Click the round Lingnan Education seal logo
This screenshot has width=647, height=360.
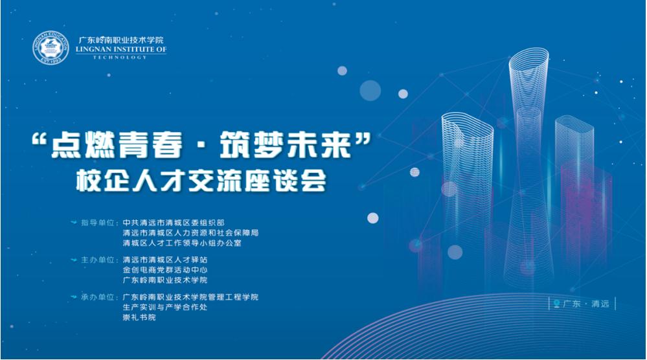click(x=51, y=48)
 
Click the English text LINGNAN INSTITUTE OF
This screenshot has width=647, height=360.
click(x=121, y=49)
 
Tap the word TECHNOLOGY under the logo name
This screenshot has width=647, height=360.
click(x=120, y=58)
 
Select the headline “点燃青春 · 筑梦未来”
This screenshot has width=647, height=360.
click(x=201, y=145)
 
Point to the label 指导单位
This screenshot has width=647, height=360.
click(x=97, y=223)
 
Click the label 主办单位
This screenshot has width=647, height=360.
click(x=97, y=260)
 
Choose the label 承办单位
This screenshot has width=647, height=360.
click(x=97, y=297)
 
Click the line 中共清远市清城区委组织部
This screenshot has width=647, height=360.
click(x=174, y=223)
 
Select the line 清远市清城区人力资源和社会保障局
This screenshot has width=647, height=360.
click(x=190, y=233)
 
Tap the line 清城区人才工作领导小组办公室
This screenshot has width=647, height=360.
click(x=182, y=243)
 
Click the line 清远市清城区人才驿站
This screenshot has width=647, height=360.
click(x=165, y=260)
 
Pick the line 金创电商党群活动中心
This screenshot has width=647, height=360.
click(x=165, y=270)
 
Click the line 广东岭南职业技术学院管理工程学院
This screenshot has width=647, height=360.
click(x=190, y=297)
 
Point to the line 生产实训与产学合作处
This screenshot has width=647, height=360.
click(x=165, y=307)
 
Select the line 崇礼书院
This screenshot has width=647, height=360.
click(x=139, y=317)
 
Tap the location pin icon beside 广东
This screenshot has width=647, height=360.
click(x=556, y=304)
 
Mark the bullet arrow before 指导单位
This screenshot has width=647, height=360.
click(x=74, y=223)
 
